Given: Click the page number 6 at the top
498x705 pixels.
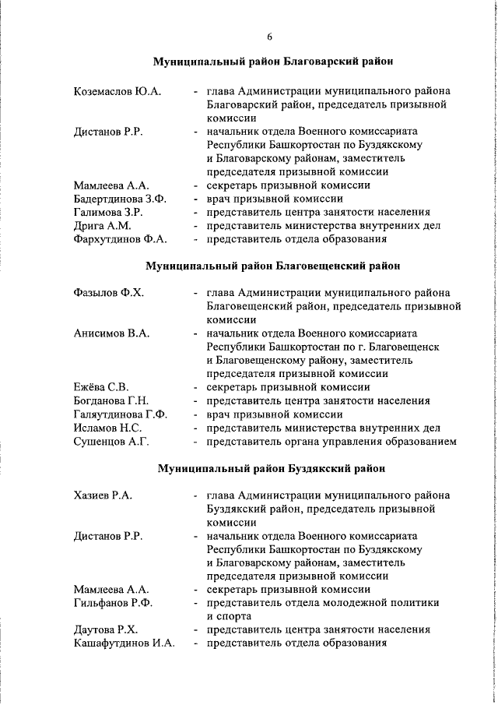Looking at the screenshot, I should (x=269, y=36).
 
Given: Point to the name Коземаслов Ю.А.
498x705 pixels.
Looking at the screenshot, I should (x=117, y=91).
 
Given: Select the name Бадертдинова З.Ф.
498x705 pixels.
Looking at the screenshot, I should (x=120, y=199).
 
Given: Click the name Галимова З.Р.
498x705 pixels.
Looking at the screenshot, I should (x=107, y=212).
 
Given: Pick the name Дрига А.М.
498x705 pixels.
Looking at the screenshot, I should (x=103, y=226).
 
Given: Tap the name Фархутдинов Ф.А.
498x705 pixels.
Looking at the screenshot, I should (x=121, y=239).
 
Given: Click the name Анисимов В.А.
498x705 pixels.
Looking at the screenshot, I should (x=111, y=333).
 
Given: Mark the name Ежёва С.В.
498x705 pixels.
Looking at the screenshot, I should (x=101, y=387).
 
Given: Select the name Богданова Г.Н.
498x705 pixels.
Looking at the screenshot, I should (x=110, y=401).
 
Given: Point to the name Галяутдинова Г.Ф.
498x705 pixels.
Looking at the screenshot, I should (x=121, y=414).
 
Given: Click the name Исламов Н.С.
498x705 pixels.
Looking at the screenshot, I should (x=107, y=428).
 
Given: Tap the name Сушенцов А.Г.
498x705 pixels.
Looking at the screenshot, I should (x=110, y=442).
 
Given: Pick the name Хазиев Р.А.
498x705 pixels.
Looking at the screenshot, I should (x=102, y=495).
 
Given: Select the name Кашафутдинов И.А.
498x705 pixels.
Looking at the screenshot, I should (x=124, y=643).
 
